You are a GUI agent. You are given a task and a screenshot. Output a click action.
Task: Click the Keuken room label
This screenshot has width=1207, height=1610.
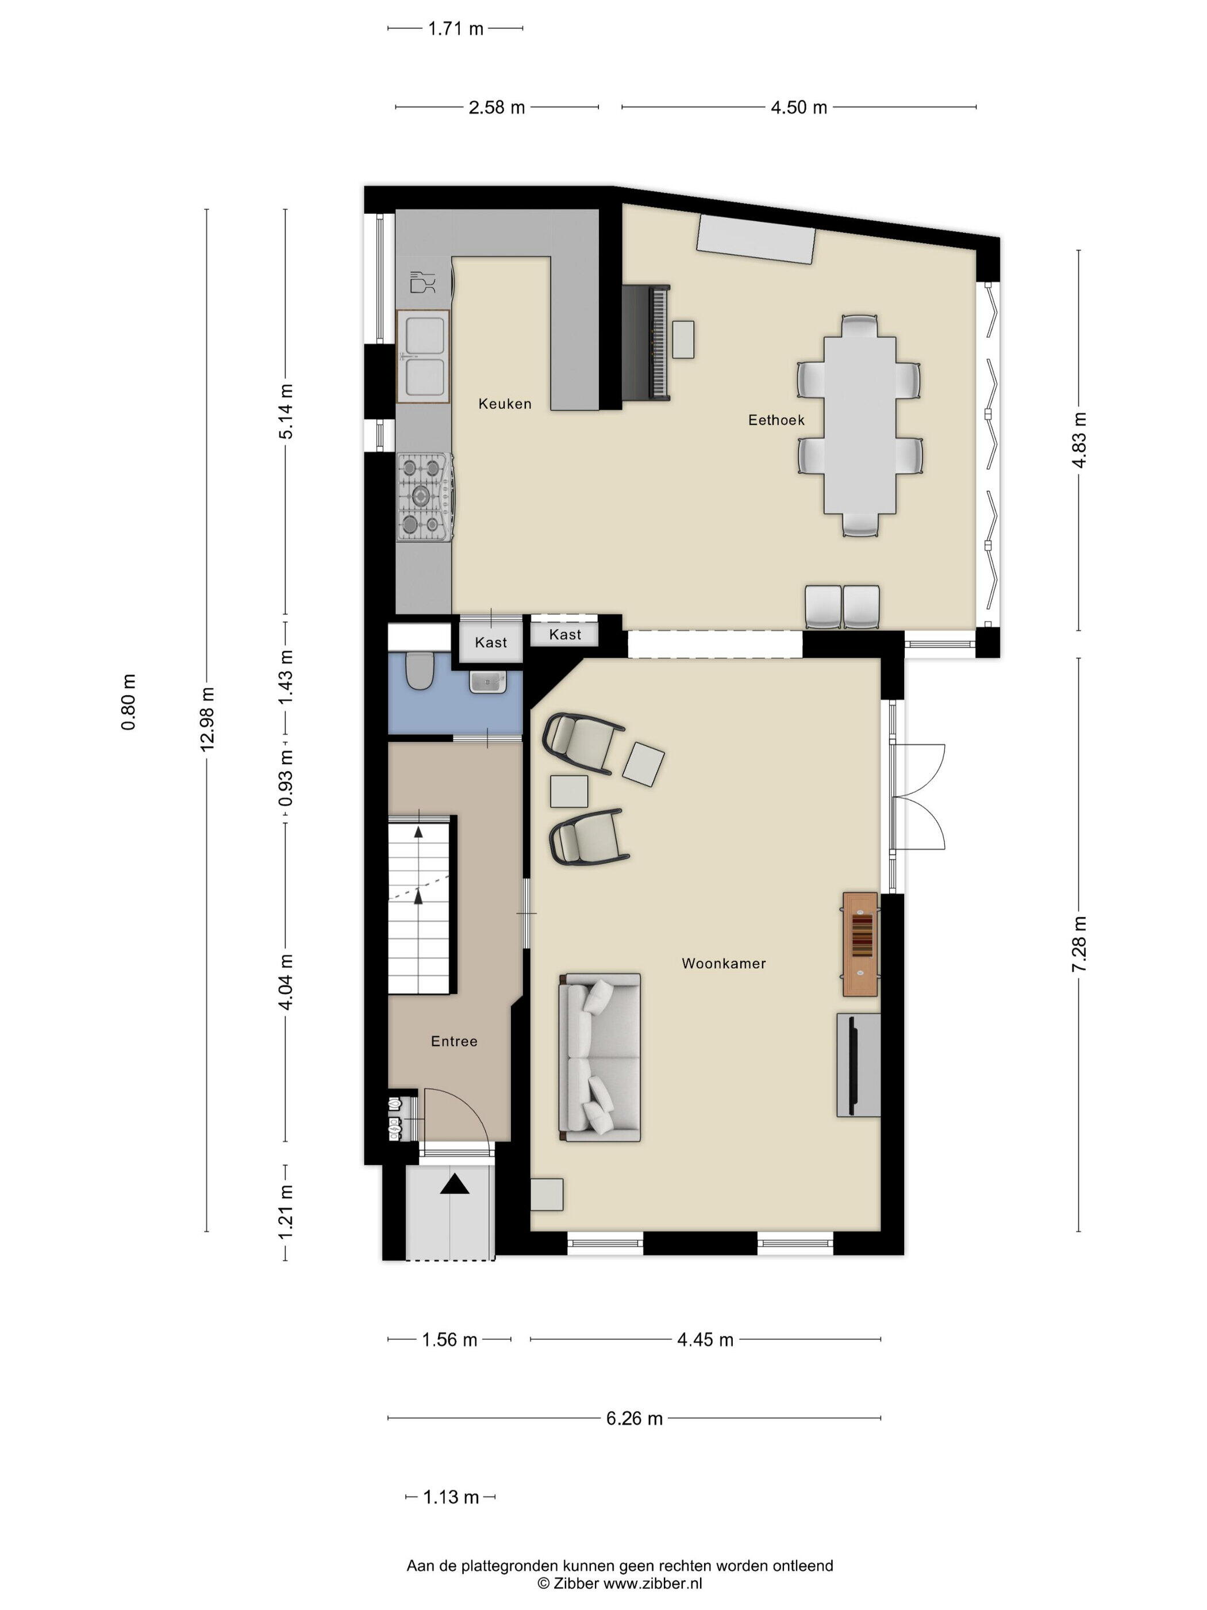point(505,404)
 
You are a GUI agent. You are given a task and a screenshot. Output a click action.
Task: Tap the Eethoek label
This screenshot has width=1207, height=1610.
point(777,420)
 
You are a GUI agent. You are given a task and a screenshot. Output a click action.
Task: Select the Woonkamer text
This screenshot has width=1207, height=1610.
point(723,964)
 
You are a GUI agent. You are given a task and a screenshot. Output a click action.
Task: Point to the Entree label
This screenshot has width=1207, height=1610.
point(454,1041)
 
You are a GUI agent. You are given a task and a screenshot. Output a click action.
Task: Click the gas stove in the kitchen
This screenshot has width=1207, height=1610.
point(425,497)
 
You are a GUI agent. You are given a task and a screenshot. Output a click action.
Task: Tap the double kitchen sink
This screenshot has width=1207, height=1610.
point(422,356)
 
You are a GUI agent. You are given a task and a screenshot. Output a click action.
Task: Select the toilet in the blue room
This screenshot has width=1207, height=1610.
point(419,670)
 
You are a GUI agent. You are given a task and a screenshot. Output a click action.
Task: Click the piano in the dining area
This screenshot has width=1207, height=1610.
point(646,342)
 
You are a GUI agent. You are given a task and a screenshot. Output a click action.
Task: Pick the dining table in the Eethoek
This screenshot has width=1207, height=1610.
point(859,425)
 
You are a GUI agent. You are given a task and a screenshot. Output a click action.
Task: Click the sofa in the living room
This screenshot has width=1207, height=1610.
point(599,1057)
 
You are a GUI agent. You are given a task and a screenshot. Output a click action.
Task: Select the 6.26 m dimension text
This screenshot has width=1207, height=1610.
point(635,1419)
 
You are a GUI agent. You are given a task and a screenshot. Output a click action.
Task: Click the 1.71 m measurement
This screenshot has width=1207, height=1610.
point(455,29)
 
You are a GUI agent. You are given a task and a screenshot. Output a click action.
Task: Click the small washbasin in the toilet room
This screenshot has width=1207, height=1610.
point(487,682)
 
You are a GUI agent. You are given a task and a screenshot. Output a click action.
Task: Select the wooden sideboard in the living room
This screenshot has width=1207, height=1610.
point(860,944)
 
